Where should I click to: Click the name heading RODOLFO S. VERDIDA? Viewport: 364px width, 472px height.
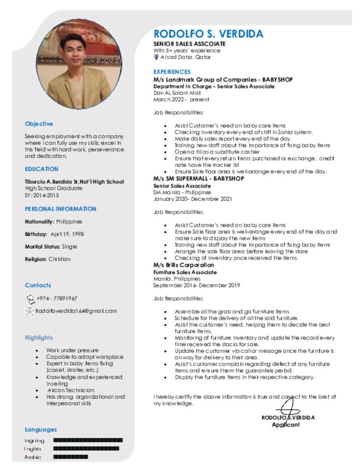[208, 34]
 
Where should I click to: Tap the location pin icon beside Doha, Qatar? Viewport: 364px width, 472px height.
[156, 57]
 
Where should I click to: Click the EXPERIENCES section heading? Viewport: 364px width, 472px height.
[172, 72]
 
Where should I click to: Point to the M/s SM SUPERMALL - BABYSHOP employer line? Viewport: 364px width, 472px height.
[198, 178]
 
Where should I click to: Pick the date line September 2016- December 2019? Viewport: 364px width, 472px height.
[196, 285]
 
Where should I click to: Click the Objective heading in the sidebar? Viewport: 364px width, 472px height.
[39, 124]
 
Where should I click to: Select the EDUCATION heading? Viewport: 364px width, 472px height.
[41, 169]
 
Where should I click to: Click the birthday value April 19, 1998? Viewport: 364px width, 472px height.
[67, 234]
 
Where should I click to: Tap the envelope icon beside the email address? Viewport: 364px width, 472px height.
[29, 311]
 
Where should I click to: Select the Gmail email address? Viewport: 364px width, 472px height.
[76, 311]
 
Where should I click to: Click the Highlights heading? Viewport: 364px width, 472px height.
[39, 337]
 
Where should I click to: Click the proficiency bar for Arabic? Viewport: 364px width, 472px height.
[70, 457]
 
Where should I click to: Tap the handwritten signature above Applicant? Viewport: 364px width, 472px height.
[289, 408]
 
